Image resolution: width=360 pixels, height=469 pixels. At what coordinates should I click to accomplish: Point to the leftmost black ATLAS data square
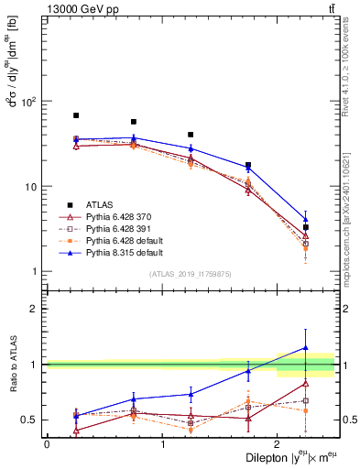click(x=76, y=115)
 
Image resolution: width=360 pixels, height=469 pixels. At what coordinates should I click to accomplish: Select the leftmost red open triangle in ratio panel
click(x=76, y=430)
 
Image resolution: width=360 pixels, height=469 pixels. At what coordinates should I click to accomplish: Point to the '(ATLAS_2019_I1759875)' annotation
click(x=191, y=274)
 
